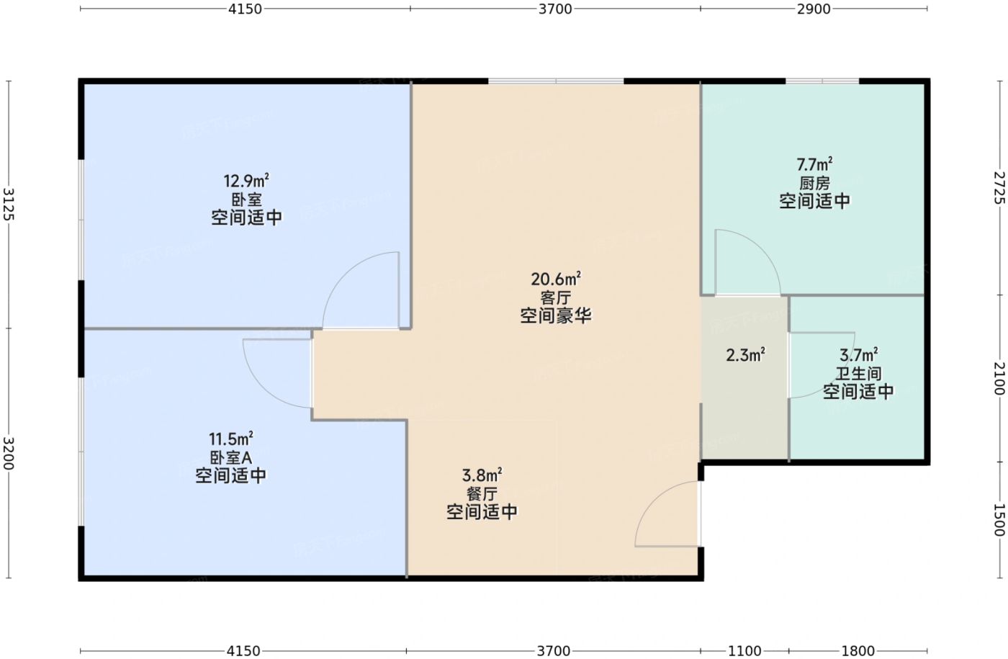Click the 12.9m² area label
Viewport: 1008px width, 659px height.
(246, 181)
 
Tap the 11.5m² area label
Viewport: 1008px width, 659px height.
(230, 439)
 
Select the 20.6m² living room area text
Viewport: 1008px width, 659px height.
(555, 279)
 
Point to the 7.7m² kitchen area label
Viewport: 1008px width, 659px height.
(814, 164)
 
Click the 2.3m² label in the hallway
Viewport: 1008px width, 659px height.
(746, 355)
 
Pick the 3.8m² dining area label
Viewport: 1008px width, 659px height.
(482, 475)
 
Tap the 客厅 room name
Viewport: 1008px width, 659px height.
(555, 297)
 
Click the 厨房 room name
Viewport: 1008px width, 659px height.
(814, 183)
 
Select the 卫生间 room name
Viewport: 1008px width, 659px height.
(858, 373)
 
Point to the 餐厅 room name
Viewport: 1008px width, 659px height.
(482, 494)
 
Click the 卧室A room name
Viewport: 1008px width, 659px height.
(230, 457)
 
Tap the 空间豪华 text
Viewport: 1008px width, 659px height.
(555, 315)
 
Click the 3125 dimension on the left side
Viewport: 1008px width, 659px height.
(9, 204)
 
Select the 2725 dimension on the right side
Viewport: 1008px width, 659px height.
(999, 187)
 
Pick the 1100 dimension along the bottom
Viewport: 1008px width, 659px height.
(744, 651)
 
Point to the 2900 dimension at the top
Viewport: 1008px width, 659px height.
(814, 9)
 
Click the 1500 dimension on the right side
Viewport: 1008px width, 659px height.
(999, 520)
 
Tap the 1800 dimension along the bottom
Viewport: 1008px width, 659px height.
(858, 651)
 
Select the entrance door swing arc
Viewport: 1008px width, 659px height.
(652, 500)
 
